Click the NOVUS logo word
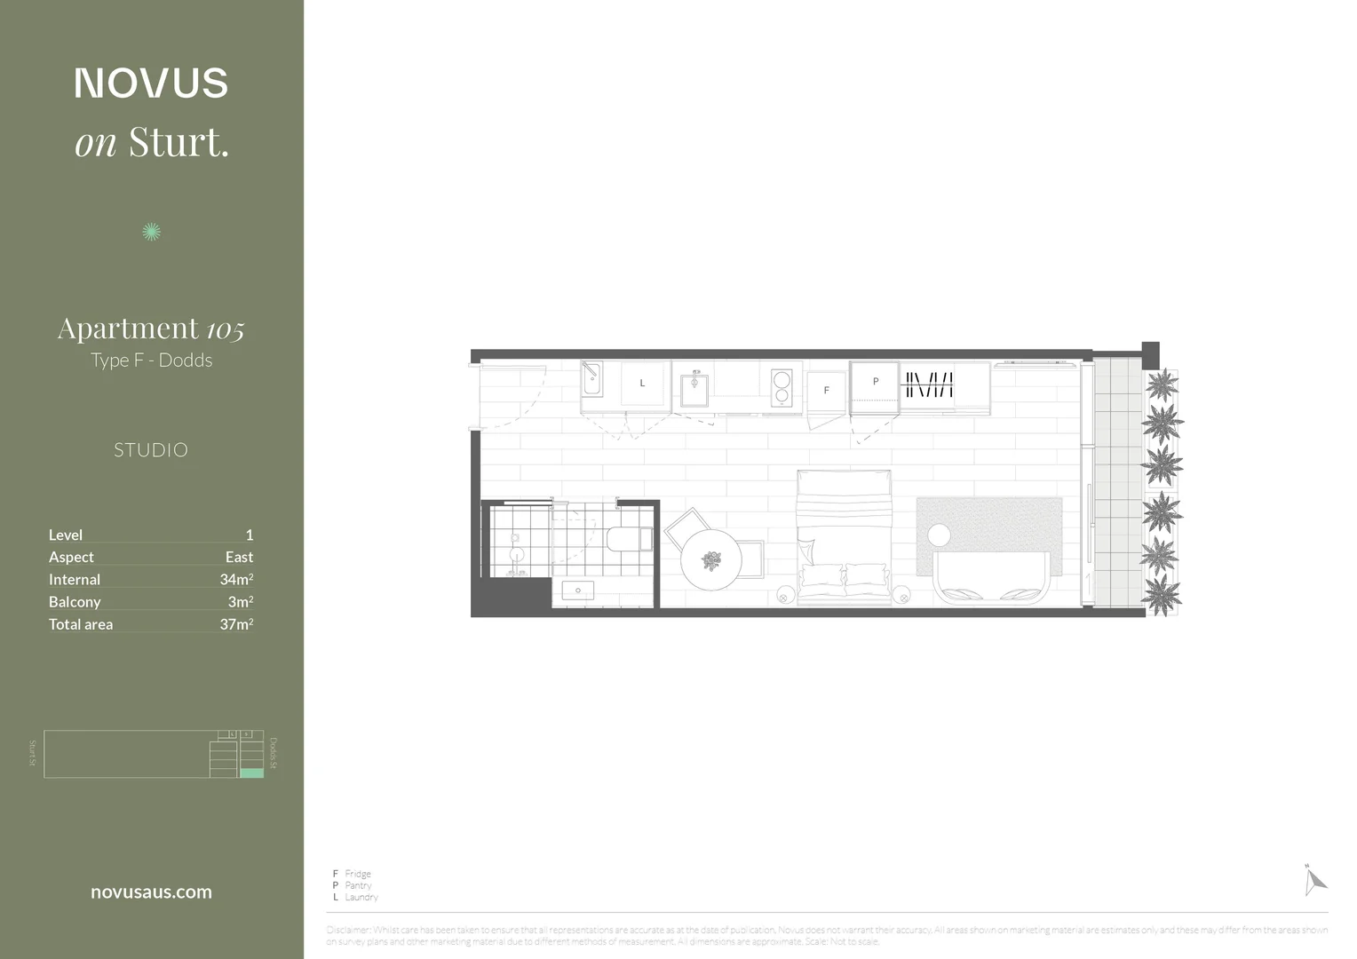(x=151, y=83)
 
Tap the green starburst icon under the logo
(x=151, y=232)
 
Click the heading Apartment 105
(x=151, y=329)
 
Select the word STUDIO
(x=151, y=450)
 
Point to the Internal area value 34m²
(x=236, y=580)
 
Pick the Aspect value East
(x=239, y=557)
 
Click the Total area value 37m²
(x=236, y=624)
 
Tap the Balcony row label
(x=75, y=602)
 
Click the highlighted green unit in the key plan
(x=251, y=773)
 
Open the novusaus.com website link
(x=151, y=892)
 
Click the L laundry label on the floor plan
(x=642, y=384)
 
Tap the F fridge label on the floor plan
(x=826, y=391)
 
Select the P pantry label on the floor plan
(x=876, y=382)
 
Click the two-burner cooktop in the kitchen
(x=782, y=388)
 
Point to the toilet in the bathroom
(x=629, y=539)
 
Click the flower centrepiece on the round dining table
(x=711, y=560)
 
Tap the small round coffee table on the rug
(x=939, y=535)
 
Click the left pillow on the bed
(x=821, y=578)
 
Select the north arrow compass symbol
(x=1314, y=880)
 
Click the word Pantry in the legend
(x=358, y=885)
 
